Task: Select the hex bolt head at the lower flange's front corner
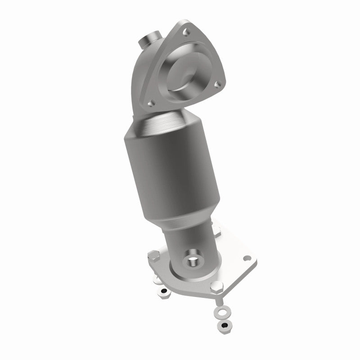[x=217, y=287]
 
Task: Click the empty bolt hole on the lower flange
[x=247, y=259]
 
